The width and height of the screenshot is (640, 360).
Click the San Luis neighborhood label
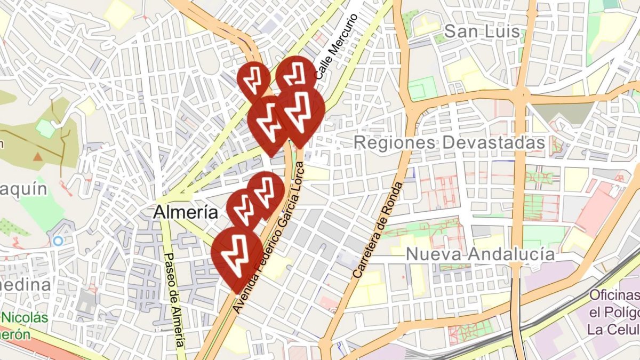[x=482, y=31]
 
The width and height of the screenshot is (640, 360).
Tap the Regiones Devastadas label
[x=449, y=143]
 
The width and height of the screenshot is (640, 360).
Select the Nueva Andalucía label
[x=480, y=254]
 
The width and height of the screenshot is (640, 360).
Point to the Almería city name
[x=186, y=212]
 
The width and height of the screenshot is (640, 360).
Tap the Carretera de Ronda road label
[x=378, y=229]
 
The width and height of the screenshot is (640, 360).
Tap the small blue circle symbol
[x=58, y=241]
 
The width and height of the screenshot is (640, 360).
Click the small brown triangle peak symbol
[x=38, y=156]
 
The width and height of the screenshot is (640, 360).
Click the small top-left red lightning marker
[x=254, y=79]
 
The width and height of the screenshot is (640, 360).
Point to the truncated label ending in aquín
[x=23, y=189]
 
